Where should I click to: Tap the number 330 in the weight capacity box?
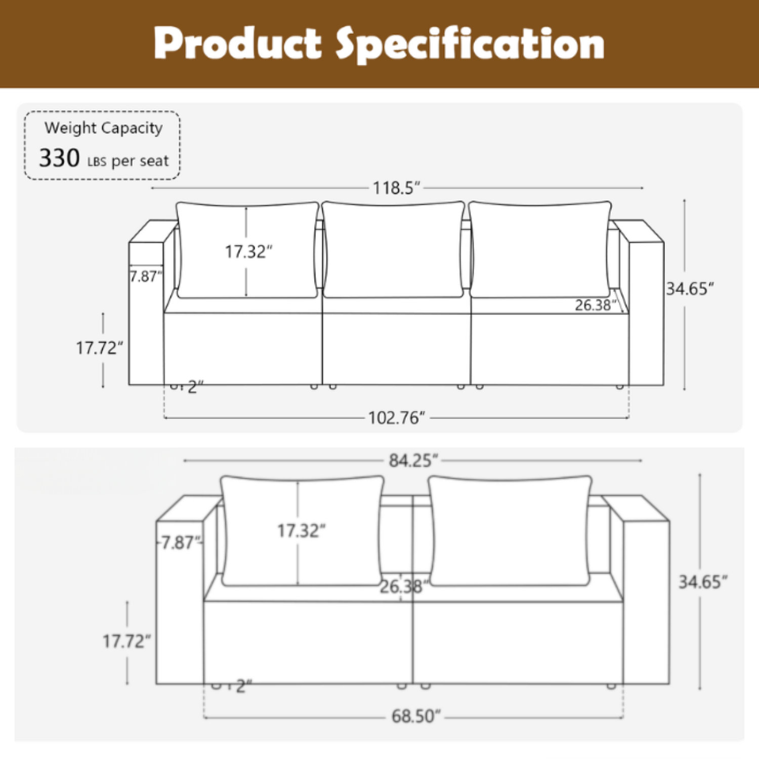[x=59, y=158]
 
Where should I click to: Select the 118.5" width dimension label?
[x=397, y=188]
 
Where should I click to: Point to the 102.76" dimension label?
[x=396, y=418]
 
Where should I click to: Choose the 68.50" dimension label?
[x=416, y=716]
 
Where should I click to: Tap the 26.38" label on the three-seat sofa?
[x=596, y=305]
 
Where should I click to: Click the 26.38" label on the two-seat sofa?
[x=404, y=586]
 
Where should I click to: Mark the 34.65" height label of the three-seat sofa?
[x=690, y=289]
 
